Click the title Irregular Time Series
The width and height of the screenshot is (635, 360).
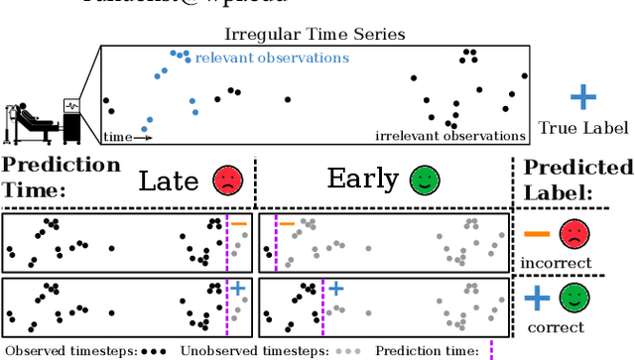click(x=316, y=35)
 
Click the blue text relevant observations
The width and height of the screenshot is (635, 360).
click(x=272, y=58)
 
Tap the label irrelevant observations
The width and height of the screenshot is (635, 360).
click(x=450, y=135)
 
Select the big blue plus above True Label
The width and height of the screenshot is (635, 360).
click(x=583, y=97)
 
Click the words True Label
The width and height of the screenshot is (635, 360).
click(x=582, y=128)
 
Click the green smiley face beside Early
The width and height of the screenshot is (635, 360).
click(x=423, y=180)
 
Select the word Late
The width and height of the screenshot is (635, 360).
click(x=169, y=180)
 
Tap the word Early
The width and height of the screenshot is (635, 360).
click(x=362, y=180)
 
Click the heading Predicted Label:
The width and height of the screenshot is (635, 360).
click(x=576, y=180)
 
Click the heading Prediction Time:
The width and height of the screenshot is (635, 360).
click(x=61, y=176)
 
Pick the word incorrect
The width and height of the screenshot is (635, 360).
click(x=557, y=263)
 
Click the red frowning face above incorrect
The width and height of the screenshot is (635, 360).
click(x=572, y=235)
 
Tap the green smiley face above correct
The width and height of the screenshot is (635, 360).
click(x=572, y=299)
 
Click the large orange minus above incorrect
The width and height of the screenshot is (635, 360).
click(x=537, y=235)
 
